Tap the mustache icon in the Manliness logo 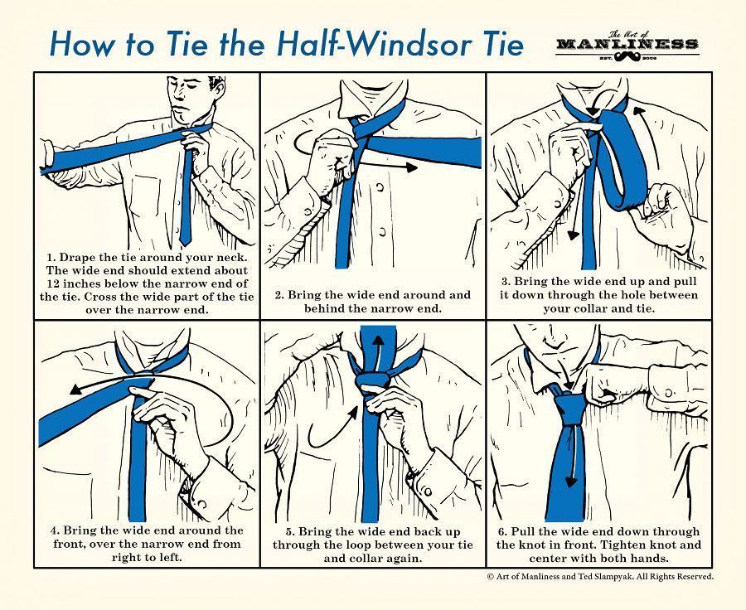tap(627, 57)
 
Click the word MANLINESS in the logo tap(627, 44)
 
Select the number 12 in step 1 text tap(54, 283)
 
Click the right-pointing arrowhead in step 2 tap(411, 167)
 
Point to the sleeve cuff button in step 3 tap(557, 203)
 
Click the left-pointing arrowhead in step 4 tap(75, 390)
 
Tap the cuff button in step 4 tap(201, 502)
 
